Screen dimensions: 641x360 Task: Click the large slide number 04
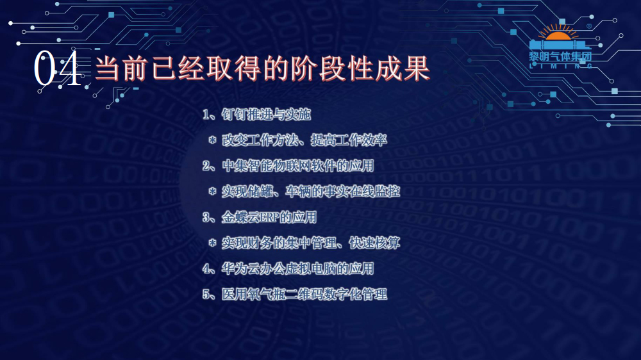[57, 69]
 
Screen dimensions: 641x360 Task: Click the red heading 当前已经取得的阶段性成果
[262, 69]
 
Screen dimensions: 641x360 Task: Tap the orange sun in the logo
[558, 33]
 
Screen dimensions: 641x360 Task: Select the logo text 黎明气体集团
[560, 56]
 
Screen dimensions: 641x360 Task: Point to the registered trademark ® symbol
[589, 26]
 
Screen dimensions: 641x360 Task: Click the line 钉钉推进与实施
[266, 115]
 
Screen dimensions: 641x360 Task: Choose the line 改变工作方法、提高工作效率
[304, 140]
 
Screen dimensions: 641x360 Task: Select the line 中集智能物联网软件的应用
[298, 166]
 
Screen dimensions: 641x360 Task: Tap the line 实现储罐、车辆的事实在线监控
[311, 192]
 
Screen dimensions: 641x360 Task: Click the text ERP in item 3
[269, 217]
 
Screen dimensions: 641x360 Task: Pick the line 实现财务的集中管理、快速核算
[311, 243]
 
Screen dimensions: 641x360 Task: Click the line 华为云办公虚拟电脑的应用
[298, 269]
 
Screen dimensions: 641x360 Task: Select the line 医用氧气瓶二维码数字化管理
[304, 294]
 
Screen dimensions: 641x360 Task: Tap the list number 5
[206, 295]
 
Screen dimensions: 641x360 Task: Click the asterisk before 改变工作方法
[212, 140]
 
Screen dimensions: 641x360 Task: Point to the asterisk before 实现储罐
[212, 192]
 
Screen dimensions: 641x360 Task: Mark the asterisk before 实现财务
[212, 243]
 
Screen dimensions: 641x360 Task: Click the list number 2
[206, 166]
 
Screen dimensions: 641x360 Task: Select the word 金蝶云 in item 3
[240, 217]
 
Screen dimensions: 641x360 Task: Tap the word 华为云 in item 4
[240, 269]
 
